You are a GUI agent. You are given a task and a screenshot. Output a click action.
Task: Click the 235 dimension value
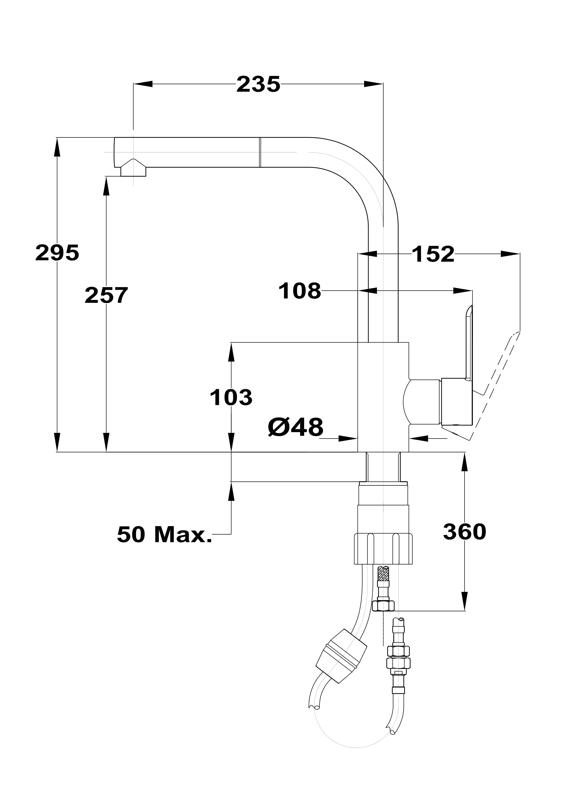258,84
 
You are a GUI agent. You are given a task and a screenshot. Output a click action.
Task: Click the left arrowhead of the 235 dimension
143,84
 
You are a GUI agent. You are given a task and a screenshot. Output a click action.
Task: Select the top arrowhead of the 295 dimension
57,147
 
